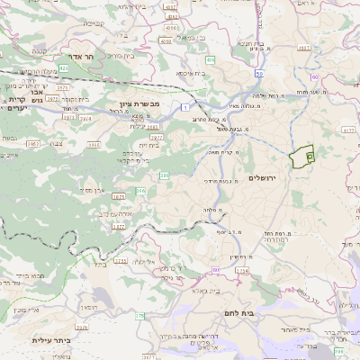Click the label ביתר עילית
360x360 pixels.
pos(50,339)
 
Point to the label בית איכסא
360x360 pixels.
pos(189,72)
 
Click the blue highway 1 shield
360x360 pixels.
pos(184,107)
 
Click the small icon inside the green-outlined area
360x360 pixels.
pos(309,157)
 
